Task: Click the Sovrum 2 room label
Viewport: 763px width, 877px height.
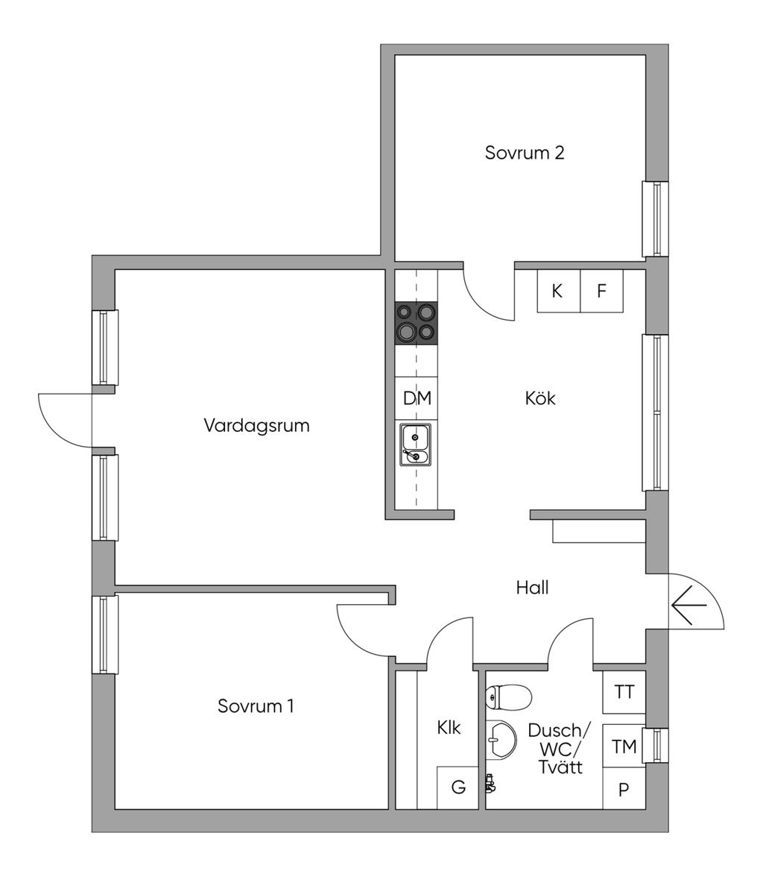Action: click(525, 153)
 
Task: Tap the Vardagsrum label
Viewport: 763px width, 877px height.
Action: click(256, 426)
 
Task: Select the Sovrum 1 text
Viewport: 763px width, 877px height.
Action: click(256, 705)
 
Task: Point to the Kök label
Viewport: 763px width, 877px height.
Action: click(540, 398)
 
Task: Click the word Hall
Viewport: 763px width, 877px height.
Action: click(532, 588)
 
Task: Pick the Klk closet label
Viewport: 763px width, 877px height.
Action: click(449, 728)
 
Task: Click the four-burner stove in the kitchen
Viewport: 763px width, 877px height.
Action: click(417, 324)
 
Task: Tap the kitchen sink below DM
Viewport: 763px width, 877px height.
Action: click(415, 444)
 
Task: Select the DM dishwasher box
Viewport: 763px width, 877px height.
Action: click(417, 398)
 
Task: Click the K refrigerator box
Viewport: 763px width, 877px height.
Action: click(558, 291)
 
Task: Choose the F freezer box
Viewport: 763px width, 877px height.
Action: click(601, 291)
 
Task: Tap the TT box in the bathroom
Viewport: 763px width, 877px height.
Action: click(624, 692)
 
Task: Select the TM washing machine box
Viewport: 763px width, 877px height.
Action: click(624, 746)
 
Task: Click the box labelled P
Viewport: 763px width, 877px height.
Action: click(624, 789)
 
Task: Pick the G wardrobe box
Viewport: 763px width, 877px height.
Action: click(458, 788)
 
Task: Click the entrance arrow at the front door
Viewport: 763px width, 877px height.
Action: click(688, 605)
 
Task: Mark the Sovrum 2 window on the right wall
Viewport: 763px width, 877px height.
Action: click(656, 219)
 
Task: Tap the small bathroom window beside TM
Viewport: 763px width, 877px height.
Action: click(656, 745)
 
